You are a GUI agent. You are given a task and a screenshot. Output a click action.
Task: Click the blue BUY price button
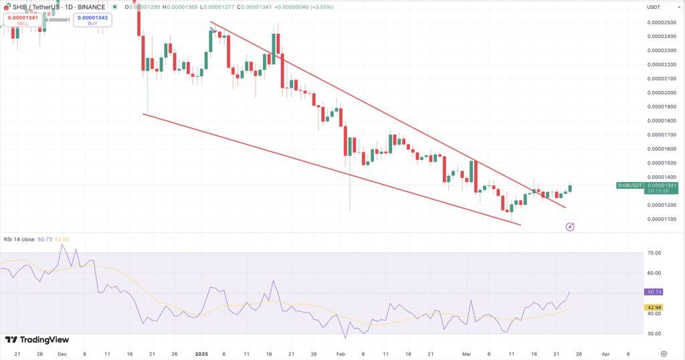93,19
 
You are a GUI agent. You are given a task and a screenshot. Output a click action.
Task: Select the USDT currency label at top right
654,7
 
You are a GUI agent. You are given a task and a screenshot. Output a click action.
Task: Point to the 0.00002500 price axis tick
660,22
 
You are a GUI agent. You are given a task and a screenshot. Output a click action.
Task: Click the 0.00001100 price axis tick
660,219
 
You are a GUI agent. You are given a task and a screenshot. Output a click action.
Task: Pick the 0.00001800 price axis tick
660,120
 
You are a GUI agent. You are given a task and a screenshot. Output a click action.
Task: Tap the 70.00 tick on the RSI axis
654,253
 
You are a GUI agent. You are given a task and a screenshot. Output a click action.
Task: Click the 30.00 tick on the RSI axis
654,333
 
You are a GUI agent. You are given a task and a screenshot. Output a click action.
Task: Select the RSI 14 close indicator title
19,239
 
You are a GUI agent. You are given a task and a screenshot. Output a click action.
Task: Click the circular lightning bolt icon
570,227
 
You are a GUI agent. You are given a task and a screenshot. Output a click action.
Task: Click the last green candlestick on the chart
571,188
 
